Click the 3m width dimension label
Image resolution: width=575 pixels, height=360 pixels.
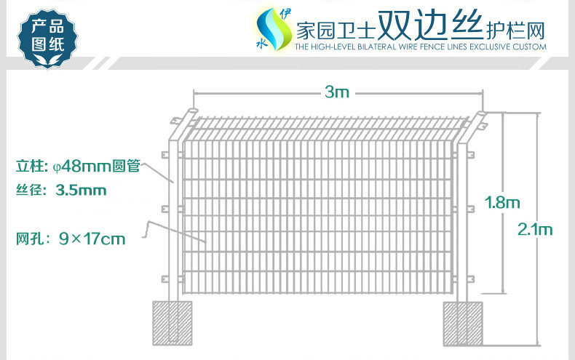[338, 92]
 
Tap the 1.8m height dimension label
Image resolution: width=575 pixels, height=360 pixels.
[502, 202]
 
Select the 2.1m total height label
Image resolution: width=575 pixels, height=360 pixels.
[535, 229]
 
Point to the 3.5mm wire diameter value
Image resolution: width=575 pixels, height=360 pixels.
[81, 191]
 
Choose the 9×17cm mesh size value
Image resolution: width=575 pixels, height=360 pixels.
[92, 238]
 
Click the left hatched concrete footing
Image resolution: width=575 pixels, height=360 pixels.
[172, 322]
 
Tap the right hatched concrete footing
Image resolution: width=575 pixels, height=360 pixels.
[464, 322]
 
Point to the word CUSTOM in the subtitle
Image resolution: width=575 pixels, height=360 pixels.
[528, 47]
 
